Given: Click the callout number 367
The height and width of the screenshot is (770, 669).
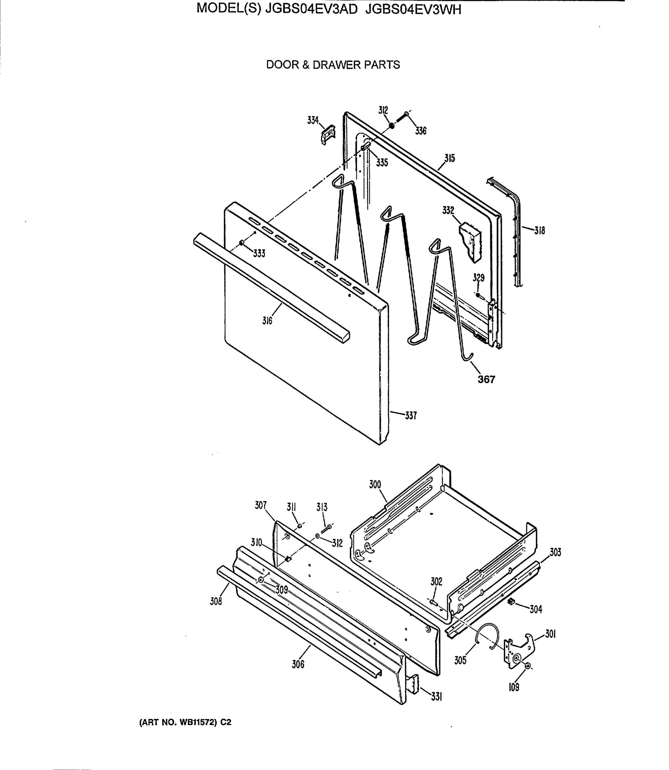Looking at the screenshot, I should click(x=486, y=380).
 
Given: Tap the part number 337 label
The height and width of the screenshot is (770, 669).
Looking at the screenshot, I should click(x=411, y=415).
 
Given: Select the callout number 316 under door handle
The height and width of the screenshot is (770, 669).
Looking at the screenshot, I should click(x=267, y=321).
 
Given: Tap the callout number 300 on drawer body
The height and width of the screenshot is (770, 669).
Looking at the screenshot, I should click(x=375, y=484).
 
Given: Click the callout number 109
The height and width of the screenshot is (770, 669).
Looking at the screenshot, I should click(x=514, y=687).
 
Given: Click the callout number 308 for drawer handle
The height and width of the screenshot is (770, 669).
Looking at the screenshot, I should click(x=216, y=601).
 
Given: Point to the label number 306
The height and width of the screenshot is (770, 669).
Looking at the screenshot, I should click(x=298, y=664).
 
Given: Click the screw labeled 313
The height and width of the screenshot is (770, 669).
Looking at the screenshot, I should click(x=326, y=529).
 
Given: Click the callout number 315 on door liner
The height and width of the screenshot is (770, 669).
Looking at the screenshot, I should click(x=449, y=158).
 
